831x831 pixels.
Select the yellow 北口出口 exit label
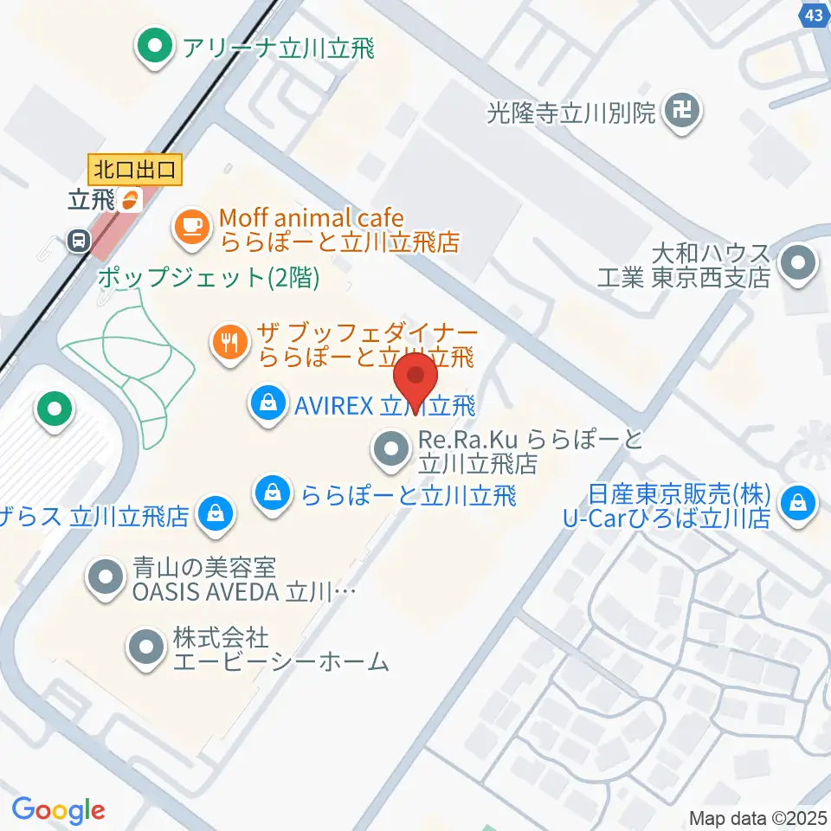[x=136, y=168]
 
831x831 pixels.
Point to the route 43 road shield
[x=813, y=15]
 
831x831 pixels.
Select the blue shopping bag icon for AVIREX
[x=268, y=403]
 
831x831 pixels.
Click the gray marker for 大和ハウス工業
[x=797, y=266]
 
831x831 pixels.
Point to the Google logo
[x=58, y=810]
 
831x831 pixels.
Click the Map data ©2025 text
[x=758, y=817]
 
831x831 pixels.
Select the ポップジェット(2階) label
[x=209, y=278]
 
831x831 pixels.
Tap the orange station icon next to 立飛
[x=130, y=200]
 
